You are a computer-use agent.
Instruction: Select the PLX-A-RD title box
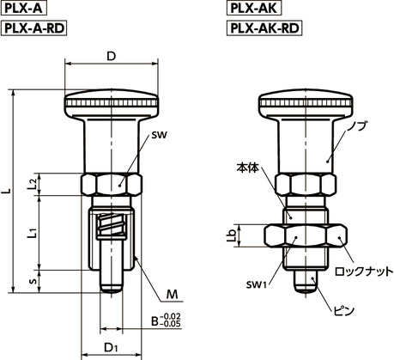[x=34, y=28]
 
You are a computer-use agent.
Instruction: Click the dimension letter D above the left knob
[x=112, y=56]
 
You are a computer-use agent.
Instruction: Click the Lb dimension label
[x=243, y=236]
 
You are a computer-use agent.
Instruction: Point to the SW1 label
[x=253, y=284]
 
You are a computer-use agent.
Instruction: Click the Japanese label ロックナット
[x=363, y=271]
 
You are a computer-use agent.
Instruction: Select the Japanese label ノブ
[x=361, y=126]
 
